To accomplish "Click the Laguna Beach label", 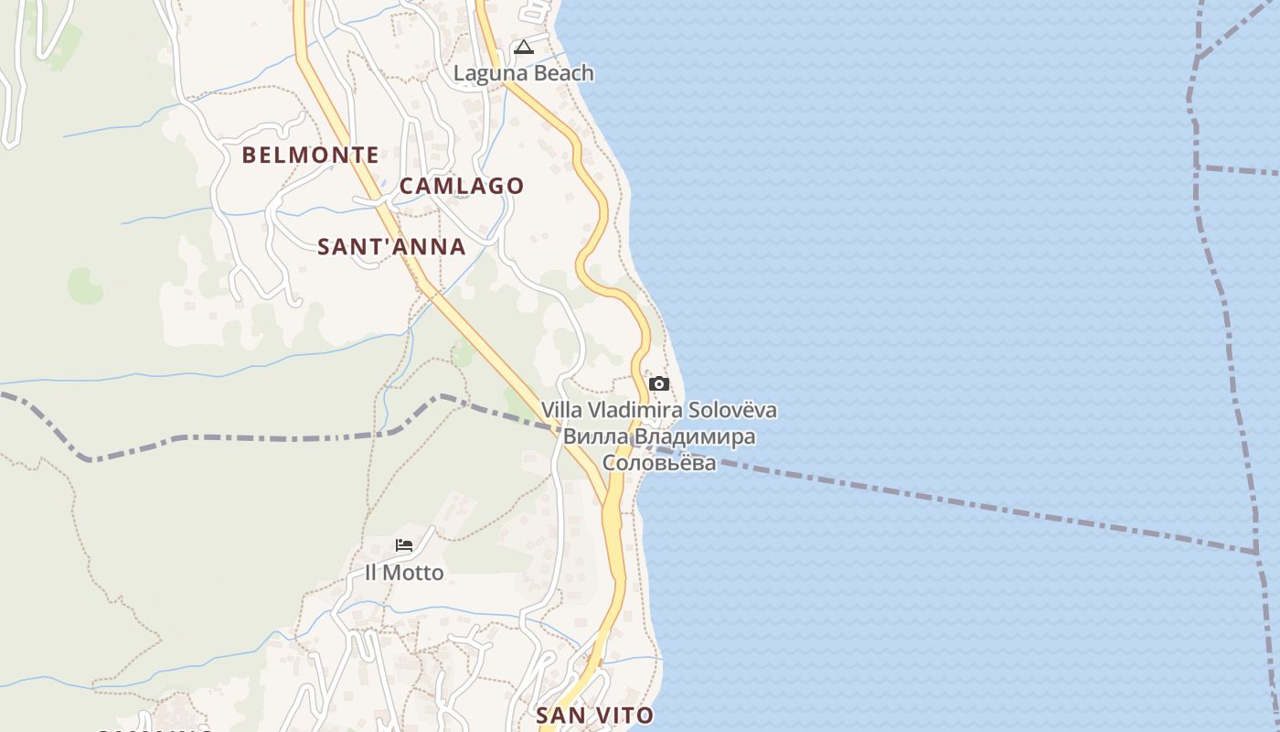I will (x=524, y=73).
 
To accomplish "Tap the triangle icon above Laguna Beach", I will (x=523, y=47).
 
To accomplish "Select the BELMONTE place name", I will (x=310, y=156).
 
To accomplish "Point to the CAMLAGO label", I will (x=462, y=186).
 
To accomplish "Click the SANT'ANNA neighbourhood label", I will (x=391, y=247).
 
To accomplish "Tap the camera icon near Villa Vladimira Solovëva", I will (x=658, y=383).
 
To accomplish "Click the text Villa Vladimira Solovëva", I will (x=659, y=410).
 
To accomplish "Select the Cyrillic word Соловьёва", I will (x=659, y=462).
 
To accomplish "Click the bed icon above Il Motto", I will (x=404, y=545).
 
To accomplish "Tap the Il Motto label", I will (x=404, y=573).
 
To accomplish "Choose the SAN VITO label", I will (x=594, y=716).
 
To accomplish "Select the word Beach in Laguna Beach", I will (x=563, y=73).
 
